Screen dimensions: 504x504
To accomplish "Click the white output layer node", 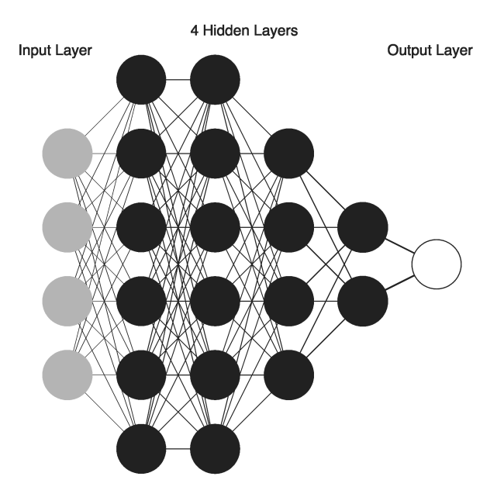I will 436,264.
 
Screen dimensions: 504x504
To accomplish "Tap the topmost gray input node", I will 67,153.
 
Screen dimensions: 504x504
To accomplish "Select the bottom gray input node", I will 67,375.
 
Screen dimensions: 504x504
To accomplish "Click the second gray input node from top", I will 67,226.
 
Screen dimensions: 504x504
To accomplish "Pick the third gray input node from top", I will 67,300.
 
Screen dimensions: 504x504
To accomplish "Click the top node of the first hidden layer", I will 141,79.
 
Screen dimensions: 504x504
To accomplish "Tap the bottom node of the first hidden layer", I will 141,448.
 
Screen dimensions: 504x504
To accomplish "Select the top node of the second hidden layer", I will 215,79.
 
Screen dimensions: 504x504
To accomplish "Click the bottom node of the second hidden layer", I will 215,448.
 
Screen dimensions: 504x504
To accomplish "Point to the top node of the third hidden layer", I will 288,153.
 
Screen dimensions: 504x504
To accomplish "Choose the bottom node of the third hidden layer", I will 288,375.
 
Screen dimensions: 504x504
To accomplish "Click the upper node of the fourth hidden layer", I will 362,226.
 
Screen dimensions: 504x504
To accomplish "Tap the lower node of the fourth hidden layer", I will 362,300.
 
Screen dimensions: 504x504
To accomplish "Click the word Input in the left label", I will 33,51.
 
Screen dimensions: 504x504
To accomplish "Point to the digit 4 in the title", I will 194,32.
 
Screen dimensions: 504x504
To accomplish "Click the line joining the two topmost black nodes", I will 178,79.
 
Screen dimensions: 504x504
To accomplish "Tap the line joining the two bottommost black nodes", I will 178,448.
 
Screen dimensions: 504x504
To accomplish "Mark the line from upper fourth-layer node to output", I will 400,246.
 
